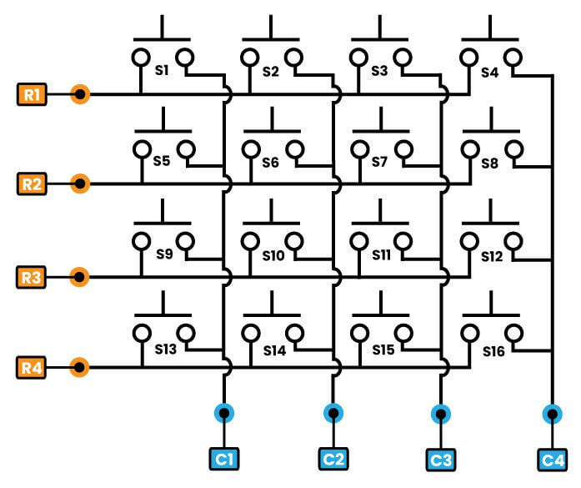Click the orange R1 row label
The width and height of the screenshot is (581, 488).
point(33,94)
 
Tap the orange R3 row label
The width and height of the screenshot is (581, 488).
point(33,277)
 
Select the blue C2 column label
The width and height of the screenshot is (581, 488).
point(333,458)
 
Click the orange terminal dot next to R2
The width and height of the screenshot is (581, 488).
point(80,184)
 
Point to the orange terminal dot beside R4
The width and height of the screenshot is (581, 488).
point(80,367)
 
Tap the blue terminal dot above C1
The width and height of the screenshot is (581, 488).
point(224,413)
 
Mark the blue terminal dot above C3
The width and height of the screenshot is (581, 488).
point(441,413)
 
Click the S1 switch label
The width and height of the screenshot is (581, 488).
point(162,71)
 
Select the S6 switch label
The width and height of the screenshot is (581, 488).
point(270,163)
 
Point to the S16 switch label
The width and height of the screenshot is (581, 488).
point(493,352)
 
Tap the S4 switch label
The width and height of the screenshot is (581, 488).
point(490,72)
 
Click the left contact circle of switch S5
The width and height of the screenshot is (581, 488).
point(140,149)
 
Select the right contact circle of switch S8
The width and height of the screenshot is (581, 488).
point(515,150)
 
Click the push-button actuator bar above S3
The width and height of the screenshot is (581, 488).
point(379,38)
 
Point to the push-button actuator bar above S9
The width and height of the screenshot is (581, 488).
point(163,223)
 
